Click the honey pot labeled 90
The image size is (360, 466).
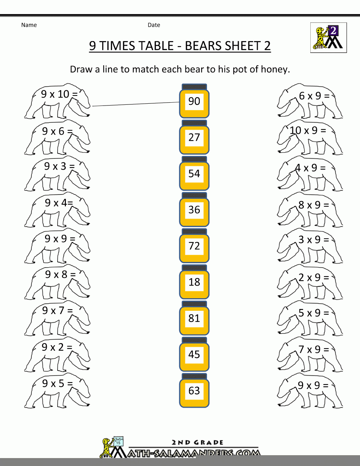(x=194, y=101)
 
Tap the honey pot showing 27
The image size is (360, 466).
(x=194, y=137)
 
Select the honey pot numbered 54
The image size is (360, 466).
(x=194, y=174)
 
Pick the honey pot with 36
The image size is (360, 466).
(x=194, y=210)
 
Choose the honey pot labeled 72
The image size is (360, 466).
(x=194, y=246)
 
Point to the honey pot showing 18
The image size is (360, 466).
(x=194, y=282)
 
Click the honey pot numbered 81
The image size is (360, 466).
(x=194, y=318)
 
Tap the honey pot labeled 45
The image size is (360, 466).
(x=194, y=354)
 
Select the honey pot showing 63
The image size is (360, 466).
(x=194, y=391)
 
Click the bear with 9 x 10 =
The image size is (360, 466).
(x=57, y=101)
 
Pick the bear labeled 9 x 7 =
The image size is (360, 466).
(x=57, y=318)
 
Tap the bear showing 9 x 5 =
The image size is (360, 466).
(x=57, y=391)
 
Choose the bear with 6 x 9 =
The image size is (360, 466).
(x=310, y=101)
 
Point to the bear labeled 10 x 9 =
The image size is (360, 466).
(x=310, y=137)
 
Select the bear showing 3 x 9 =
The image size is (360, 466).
(x=310, y=246)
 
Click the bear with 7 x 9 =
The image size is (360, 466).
(x=310, y=354)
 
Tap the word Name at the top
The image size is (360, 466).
(x=29, y=25)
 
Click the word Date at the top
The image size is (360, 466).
(x=154, y=25)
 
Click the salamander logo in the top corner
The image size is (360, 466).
(x=328, y=37)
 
